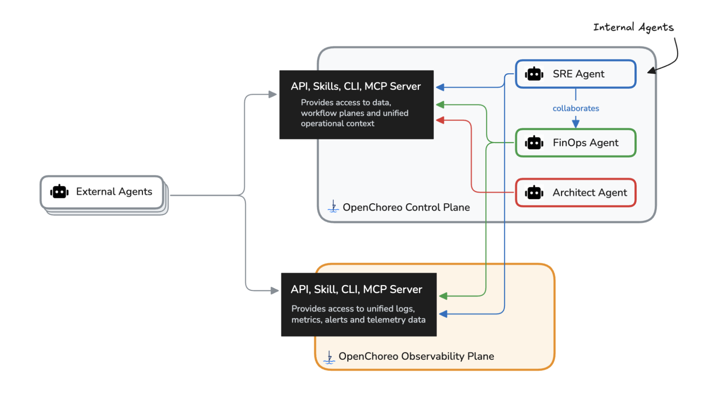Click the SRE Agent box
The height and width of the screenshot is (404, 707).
[x=575, y=74]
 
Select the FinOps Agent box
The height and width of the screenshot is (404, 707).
[x=575, y=143]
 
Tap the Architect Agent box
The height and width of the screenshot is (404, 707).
[x=575, y=193]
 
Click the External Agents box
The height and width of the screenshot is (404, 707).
[x=102, y=192]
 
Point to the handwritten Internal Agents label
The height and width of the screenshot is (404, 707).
[x=633, y=28]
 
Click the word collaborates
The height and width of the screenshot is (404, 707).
[x=576, y=108]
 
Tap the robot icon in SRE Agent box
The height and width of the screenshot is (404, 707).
[x=534, y=74]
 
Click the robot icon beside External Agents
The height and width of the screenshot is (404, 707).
[x=59, y=192]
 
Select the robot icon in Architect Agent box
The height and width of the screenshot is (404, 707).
[x=534, y=193]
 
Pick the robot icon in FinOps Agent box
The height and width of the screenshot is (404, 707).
[x=534, y=143]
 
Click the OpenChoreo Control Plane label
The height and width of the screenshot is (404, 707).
[x=406, y=207]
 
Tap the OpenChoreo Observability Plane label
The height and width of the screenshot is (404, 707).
[x=416, y=356]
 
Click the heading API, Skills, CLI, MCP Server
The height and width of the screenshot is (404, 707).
[x=356, y=86]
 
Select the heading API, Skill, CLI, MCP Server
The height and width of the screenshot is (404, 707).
[x=356, y=289]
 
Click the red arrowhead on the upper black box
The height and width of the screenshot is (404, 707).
[x=440, y=120]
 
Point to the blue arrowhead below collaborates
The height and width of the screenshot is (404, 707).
[x=576, y=124]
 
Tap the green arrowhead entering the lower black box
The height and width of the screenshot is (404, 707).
[x=444, y=296]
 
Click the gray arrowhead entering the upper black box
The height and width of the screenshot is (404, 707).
[x=272, y=95]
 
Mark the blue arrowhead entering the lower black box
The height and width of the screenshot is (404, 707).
[x=444, y=314]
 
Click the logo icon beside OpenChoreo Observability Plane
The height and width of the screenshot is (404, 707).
[x=329, y=357]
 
